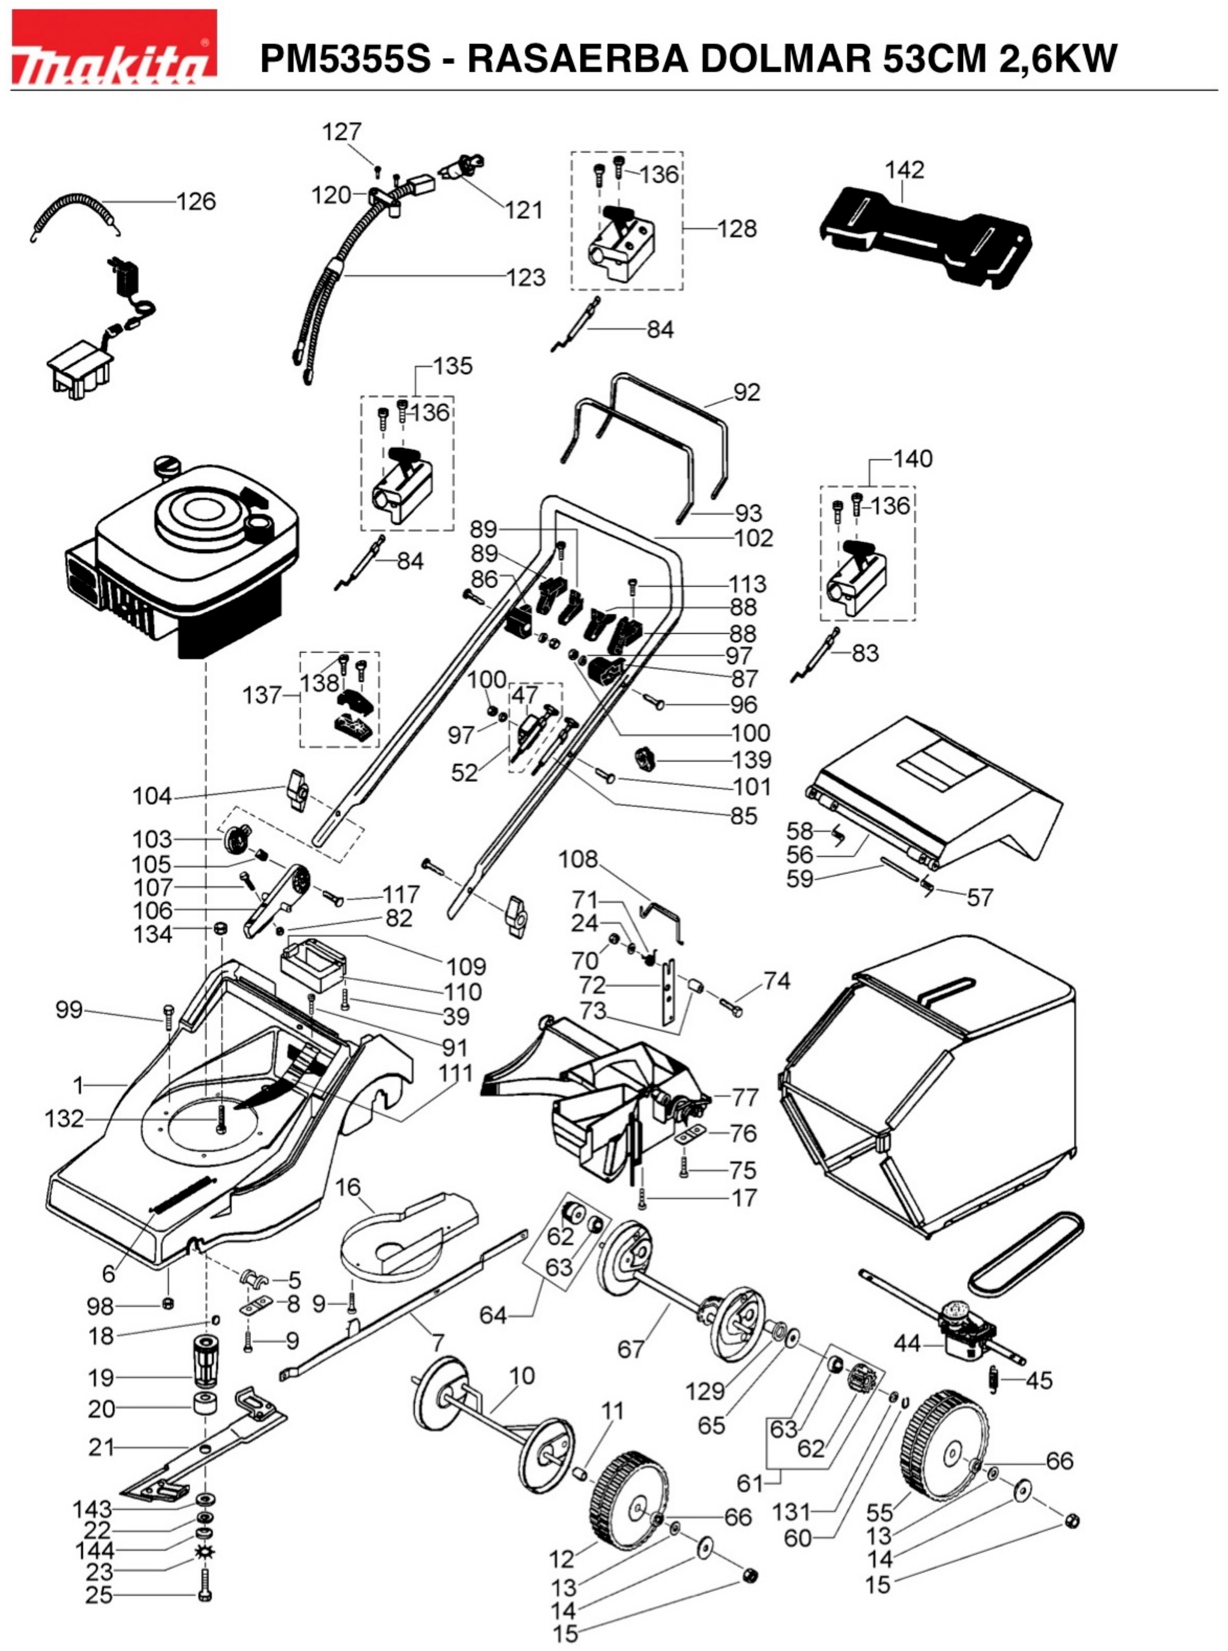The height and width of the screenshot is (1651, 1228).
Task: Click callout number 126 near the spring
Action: (196, 202)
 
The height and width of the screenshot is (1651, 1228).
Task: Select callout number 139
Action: (752, 760)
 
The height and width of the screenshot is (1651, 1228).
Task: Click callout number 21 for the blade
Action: (102, 1447)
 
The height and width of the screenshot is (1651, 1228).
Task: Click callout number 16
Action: (348, 1187)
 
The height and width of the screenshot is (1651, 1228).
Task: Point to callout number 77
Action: (745, 1097)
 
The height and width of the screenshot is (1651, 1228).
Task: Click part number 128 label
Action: (736, 228)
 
